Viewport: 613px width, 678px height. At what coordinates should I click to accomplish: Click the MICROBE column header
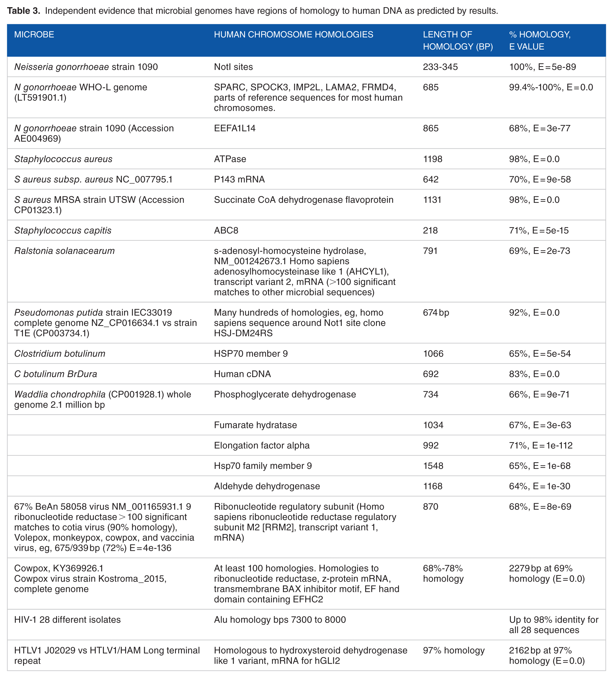[x=34, y=35]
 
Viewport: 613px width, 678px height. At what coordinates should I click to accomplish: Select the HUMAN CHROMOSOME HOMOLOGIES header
[x=293, y=35]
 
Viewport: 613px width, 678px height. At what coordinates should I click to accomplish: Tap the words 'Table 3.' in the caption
[x=24, y=11]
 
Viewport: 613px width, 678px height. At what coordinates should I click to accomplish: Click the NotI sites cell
[x=233, y=67]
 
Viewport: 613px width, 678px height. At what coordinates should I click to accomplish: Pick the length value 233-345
[x=440, y=67]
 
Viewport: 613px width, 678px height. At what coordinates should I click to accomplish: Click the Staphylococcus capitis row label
[x=62, y=230]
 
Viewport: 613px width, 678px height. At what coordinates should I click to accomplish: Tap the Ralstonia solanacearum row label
[x=64, y=251]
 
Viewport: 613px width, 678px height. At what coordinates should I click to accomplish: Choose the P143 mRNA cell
[x=239, y=179]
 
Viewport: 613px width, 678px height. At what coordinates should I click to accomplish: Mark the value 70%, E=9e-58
[x=540, y=179]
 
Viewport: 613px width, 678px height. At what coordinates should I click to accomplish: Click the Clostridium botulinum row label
[x=59, y=353]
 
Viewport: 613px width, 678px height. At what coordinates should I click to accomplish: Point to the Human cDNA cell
[x=242, y=374]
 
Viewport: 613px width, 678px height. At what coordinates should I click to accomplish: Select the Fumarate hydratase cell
[x=255, y=425]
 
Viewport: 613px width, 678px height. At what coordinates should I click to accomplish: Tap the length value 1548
[x=433, y=466]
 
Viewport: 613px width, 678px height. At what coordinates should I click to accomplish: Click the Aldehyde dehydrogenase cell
[x=267, y=486]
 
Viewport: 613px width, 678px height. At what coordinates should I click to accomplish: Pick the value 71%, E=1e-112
[x=540, y=446]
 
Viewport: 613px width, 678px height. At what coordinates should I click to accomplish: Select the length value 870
[x=431, y=507]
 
